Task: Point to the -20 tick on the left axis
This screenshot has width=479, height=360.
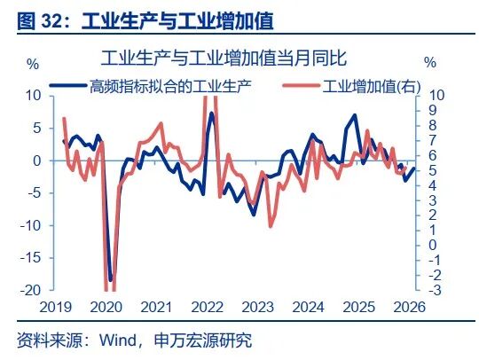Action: pyautogui.click(x=31, y=290)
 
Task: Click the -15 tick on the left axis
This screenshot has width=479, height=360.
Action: pyautogui.click(x=31, y=257)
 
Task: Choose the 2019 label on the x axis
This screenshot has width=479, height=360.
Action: pyautogui.click(x=57, y=307)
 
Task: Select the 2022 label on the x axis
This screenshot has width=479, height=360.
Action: pyautogui.click(x=207, y=307)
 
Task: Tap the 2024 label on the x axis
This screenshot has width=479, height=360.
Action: pyautogui.click(x=307, y=307)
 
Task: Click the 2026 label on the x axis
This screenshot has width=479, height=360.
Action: pyautogui.click(x=407, y=307)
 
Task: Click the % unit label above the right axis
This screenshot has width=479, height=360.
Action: pyautogui.click(x=430, y=64)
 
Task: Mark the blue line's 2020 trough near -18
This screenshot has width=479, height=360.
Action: pyautogui.click(x=110, y=280)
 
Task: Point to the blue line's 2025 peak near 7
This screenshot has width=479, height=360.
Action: pyautogui.click(x=355, y=115)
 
